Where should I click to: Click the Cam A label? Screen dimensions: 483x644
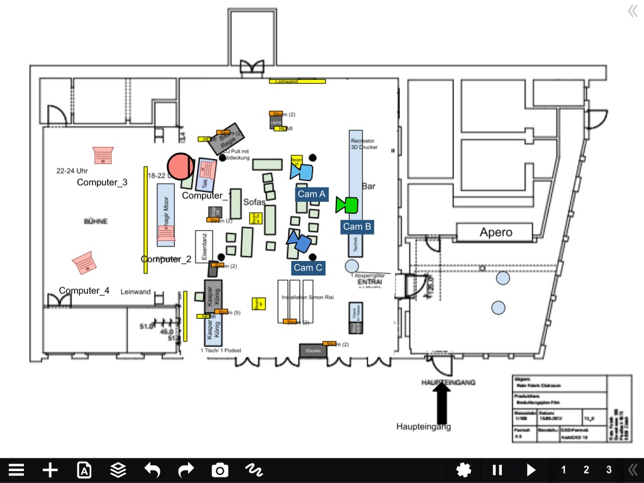pos(312,194)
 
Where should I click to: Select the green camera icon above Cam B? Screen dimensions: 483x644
pos(347,204)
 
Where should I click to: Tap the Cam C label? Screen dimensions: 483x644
pos(308,268)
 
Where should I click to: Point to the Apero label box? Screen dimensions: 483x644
pos(496,232)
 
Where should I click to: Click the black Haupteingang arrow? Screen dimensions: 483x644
pos(442,403)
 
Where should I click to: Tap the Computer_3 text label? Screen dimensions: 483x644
pos(102,182)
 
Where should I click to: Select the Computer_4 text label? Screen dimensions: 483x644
pos(84,291)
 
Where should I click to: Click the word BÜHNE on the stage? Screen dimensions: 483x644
pos(96,221)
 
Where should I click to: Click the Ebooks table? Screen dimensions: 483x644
pos(313,350)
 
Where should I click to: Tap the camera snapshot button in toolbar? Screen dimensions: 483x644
pos(219,470)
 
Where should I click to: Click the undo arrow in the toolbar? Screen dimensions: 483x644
pos(152,470)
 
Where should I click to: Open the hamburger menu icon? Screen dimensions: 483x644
pos(16,470)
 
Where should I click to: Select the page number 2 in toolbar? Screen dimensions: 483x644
pos(586,470)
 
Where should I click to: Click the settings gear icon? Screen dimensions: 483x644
pos(464,470)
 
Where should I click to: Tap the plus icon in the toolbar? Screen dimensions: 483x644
pos(50,470)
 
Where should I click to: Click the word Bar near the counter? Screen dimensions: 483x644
pos(369,186)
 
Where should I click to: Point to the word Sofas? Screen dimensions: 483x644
pos(254,202)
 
